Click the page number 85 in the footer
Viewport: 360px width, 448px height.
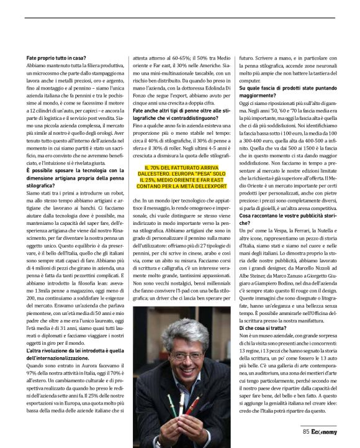306,431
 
